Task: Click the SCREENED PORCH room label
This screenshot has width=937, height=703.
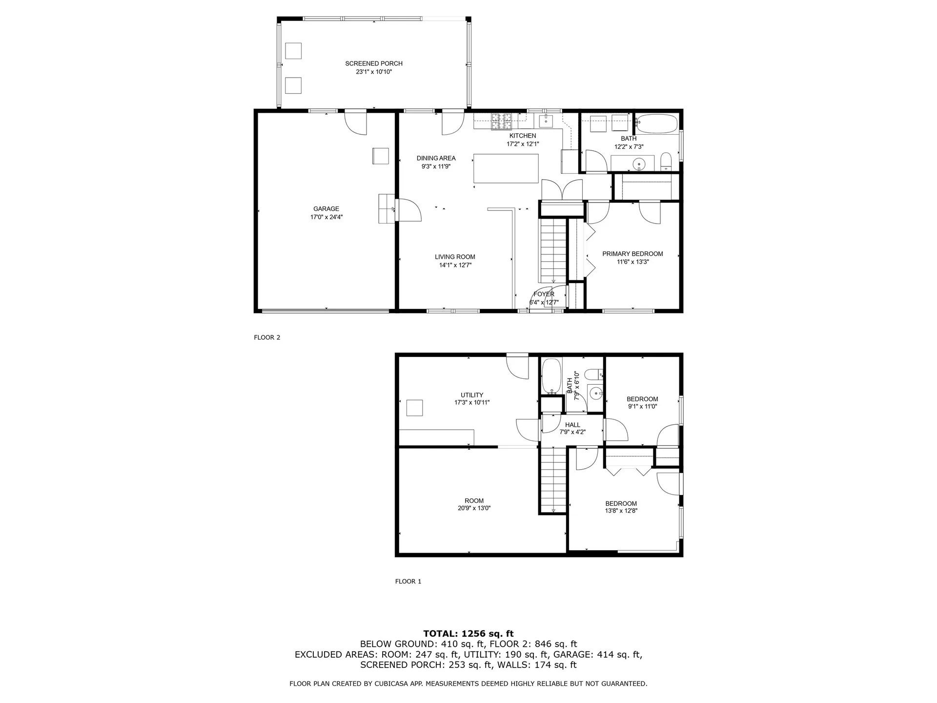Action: coord(374,63)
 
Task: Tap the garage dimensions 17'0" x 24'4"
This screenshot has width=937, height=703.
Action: coord(326,217)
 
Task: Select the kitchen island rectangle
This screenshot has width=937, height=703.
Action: coord(506,168)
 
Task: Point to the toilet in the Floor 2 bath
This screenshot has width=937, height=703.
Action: coord(666,162)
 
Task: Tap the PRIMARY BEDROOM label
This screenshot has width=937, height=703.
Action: coord(632,254)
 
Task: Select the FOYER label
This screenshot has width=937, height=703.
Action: coord(544,294)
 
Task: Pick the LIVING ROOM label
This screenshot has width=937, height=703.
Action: coord(455,257)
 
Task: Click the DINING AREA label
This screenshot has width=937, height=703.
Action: coord(436,158)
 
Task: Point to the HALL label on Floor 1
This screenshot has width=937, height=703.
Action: coord(572,425)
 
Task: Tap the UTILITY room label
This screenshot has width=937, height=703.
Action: coord(472,395)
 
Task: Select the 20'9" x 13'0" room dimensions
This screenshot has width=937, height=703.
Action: coord(474,508)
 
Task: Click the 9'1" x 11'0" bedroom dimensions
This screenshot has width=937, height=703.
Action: coord(642,406)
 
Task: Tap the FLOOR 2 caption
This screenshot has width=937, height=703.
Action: coord(267,337)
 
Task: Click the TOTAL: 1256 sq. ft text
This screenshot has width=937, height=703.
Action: coord(468,634)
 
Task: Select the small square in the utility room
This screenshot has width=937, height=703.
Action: coord(414,408)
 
